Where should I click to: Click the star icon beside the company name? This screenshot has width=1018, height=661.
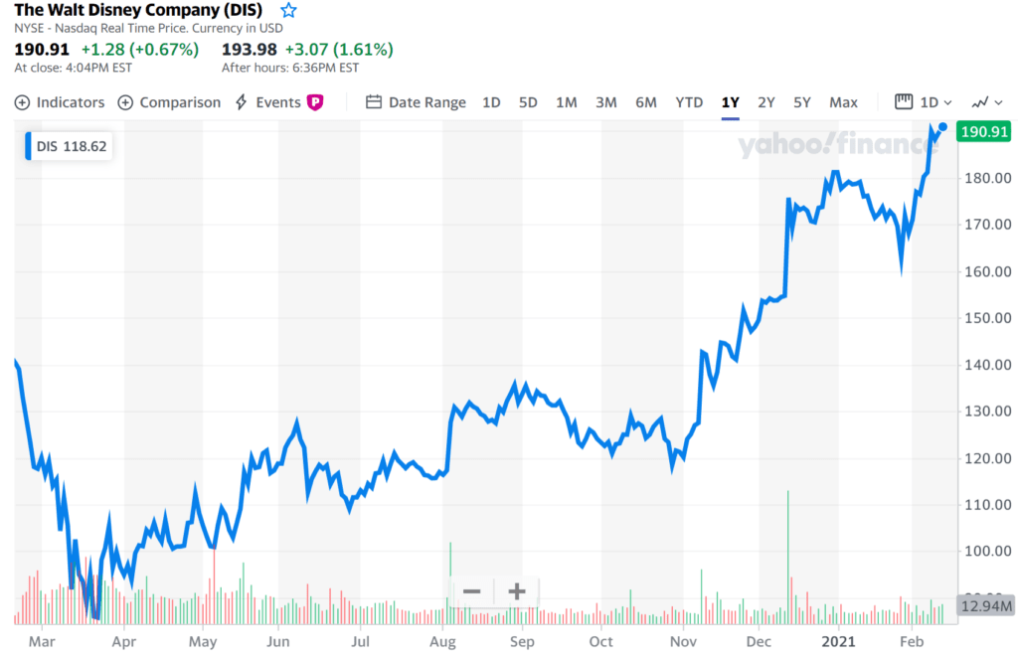tap(288, 10)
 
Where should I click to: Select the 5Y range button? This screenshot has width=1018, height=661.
tap(802, 102)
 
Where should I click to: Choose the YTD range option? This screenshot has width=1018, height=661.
tap(689, 102)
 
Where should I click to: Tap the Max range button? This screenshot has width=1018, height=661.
tap(843, 102)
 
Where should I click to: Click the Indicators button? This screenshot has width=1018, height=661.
tap(60, 102)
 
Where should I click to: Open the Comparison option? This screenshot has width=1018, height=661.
tap(169, 102)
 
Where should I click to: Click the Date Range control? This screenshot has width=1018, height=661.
tap(416, 102)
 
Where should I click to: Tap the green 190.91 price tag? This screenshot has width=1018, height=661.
tap(982, 131)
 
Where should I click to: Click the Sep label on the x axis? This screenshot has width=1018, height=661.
tap(522, 642)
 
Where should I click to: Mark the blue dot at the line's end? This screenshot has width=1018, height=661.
tap(941, 127)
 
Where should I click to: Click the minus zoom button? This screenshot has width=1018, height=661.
tap(471, 592)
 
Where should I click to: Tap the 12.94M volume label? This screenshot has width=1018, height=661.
tap(984, 605)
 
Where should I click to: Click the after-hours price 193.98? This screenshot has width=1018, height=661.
tap(250, 49)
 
